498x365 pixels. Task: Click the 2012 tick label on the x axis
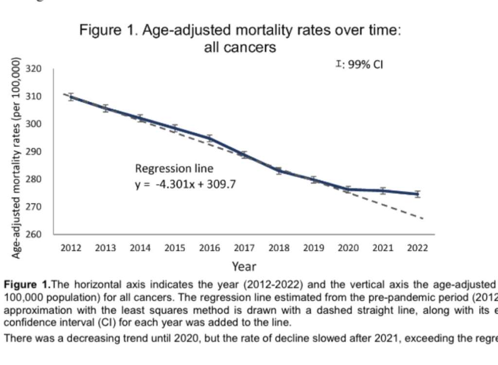[71, 248]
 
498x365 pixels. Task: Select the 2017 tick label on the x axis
[244, 248]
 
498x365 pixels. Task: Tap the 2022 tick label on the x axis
[417, 248]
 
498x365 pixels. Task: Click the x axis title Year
[244, 266]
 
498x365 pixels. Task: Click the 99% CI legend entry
[359, 64]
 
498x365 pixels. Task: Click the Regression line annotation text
[174, 169]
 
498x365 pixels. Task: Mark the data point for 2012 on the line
[71, 96]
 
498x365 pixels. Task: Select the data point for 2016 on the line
[210, 138]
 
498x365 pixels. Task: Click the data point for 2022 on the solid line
[417, 194]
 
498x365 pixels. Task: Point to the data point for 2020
[348, 189]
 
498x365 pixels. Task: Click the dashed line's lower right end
[423, 219]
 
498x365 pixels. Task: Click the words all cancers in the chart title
[240, 48]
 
